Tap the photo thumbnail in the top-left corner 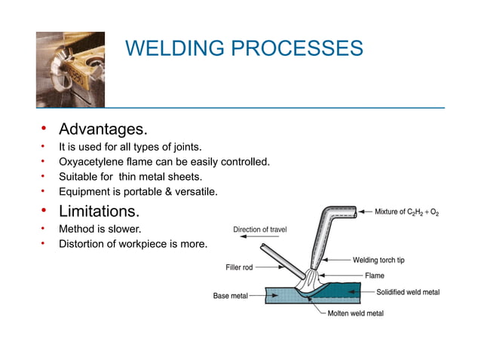70,69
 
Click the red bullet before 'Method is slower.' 44,227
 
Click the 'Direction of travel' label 260,230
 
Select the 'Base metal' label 231,296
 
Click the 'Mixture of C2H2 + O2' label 406,212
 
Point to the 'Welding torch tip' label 378,261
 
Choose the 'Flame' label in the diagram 375,276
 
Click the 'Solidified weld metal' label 407,292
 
